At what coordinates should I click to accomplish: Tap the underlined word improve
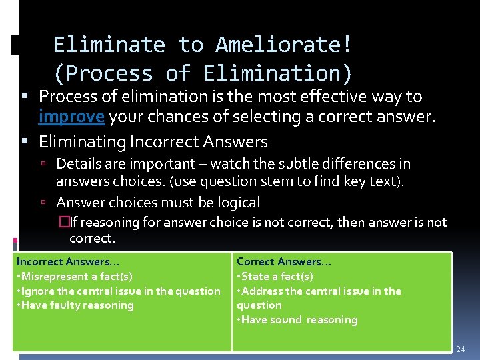pyautogui.click(x=72, y=117)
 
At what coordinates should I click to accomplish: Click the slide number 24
pyautogui.click(x=461, y=349)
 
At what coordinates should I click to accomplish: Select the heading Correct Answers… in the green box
pyautogui.click(x=283, y=262)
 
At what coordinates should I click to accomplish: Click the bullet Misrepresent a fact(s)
pyautogui.click(x=75, y=277)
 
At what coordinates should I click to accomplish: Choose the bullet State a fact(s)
pyautogui.click(x=275, y=277)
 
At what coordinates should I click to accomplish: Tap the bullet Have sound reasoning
pyautogui.click(x=297, y=320)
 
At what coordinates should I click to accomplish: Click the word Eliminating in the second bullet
pyautogui.click(x=83, y=142)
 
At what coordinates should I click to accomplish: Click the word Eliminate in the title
pyautogui.click(x=109, y=45)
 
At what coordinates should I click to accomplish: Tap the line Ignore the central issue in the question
pyautogui.click(x=118, y=291)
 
